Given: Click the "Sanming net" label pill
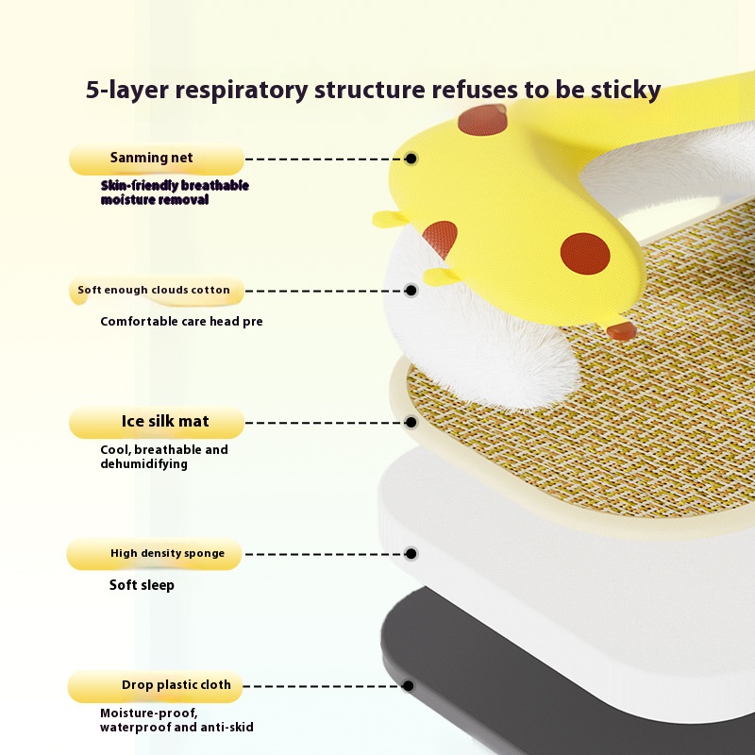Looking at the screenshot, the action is click(157, 159).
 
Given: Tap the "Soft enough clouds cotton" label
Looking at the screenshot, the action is click(157, 291).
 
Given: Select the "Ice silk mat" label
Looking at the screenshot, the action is click(157, 422).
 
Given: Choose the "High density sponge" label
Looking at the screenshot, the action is click(154, 554).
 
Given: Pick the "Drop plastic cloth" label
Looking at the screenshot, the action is click(155, 686).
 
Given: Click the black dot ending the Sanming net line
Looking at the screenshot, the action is click(411, 159).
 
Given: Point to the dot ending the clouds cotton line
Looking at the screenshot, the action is click(411, 291).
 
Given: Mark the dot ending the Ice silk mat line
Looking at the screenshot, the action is click(411, 422).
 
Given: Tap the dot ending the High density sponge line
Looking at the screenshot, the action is click(411, 554).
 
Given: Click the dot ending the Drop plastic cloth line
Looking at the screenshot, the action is click(408, 686).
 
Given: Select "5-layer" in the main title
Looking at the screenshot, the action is click(127, 90).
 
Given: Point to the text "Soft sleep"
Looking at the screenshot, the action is click(142, 585).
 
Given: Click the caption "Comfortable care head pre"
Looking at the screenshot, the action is click(181, 321).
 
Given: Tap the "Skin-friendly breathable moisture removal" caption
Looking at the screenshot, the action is click(175, 193).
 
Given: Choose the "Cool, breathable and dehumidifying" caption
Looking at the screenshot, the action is click(164, 457).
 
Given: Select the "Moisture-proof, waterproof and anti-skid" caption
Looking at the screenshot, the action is click(176, 720).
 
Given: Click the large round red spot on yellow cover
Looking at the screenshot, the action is click(585, 254).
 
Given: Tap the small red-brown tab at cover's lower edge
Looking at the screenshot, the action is click(622, 331).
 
